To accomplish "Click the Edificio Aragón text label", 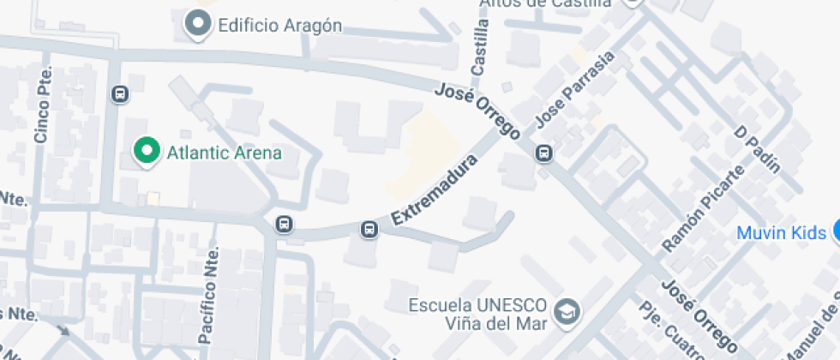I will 280,25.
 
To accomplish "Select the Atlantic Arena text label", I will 225,153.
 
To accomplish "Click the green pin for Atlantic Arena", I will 147,151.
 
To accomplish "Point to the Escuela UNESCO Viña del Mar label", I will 478,315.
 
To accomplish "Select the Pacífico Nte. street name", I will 208,296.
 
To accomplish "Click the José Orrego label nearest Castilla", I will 477,111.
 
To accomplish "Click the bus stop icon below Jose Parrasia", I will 543,153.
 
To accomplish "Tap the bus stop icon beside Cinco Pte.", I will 119,93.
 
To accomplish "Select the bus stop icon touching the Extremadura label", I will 369,229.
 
